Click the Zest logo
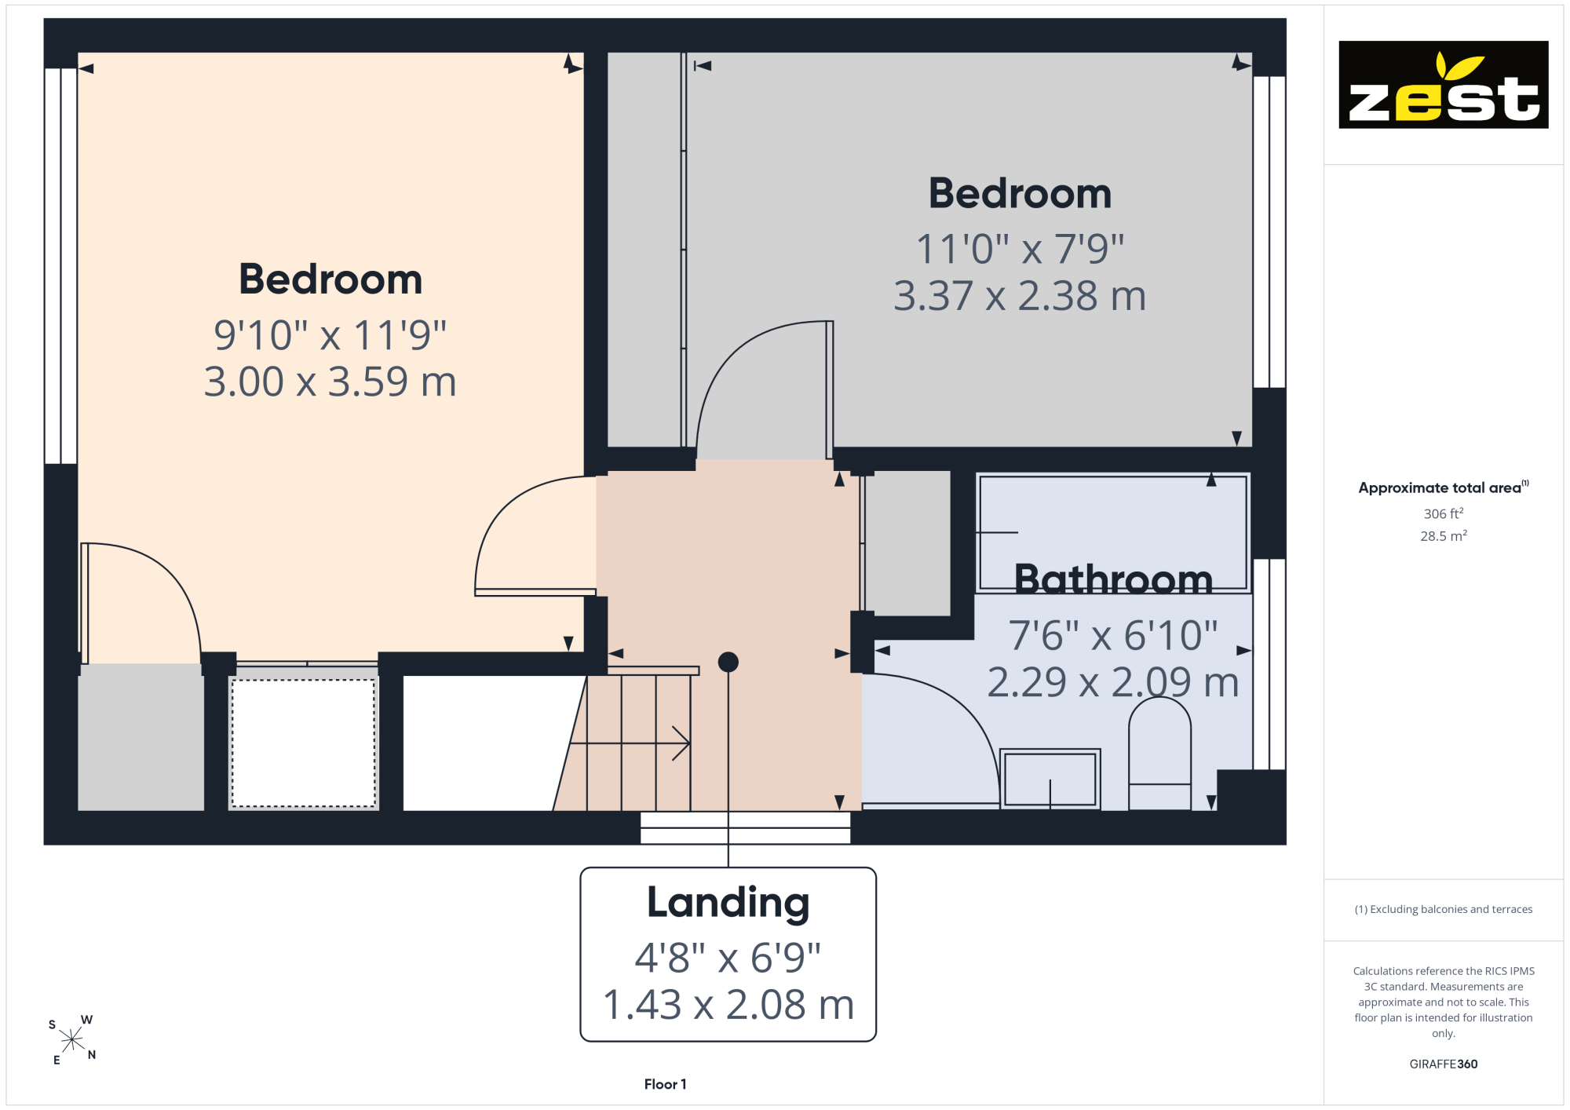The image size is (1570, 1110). tap(1443, 85)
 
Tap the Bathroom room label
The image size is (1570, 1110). tap(1113, 579)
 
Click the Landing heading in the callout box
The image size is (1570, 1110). tap(728, 904)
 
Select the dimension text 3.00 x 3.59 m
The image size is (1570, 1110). tap(330, 382)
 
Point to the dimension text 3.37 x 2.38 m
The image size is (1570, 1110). tap(1020, 296)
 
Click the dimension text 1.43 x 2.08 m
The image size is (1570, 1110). tap(728, 1005)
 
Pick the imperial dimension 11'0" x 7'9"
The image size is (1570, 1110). tap(1020, 249)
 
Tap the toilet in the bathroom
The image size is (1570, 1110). tap(1159, 754)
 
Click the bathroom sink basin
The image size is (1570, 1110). tap(1050, 779)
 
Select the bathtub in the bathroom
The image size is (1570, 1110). tap(1112, 533)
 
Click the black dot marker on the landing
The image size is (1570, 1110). tap(728, 663)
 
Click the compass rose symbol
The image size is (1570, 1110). tap(71, 1040)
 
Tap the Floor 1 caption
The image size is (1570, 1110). tap(665, 1084)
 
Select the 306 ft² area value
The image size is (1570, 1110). tap(1444, 513)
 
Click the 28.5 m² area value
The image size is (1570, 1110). tap(1444, 536)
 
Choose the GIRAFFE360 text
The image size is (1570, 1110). tap(1444, 1064)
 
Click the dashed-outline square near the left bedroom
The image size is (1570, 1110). tap(304, 743)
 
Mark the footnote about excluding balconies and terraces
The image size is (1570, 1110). tap(1444, 909)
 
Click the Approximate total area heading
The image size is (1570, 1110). tap(1444, 487)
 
